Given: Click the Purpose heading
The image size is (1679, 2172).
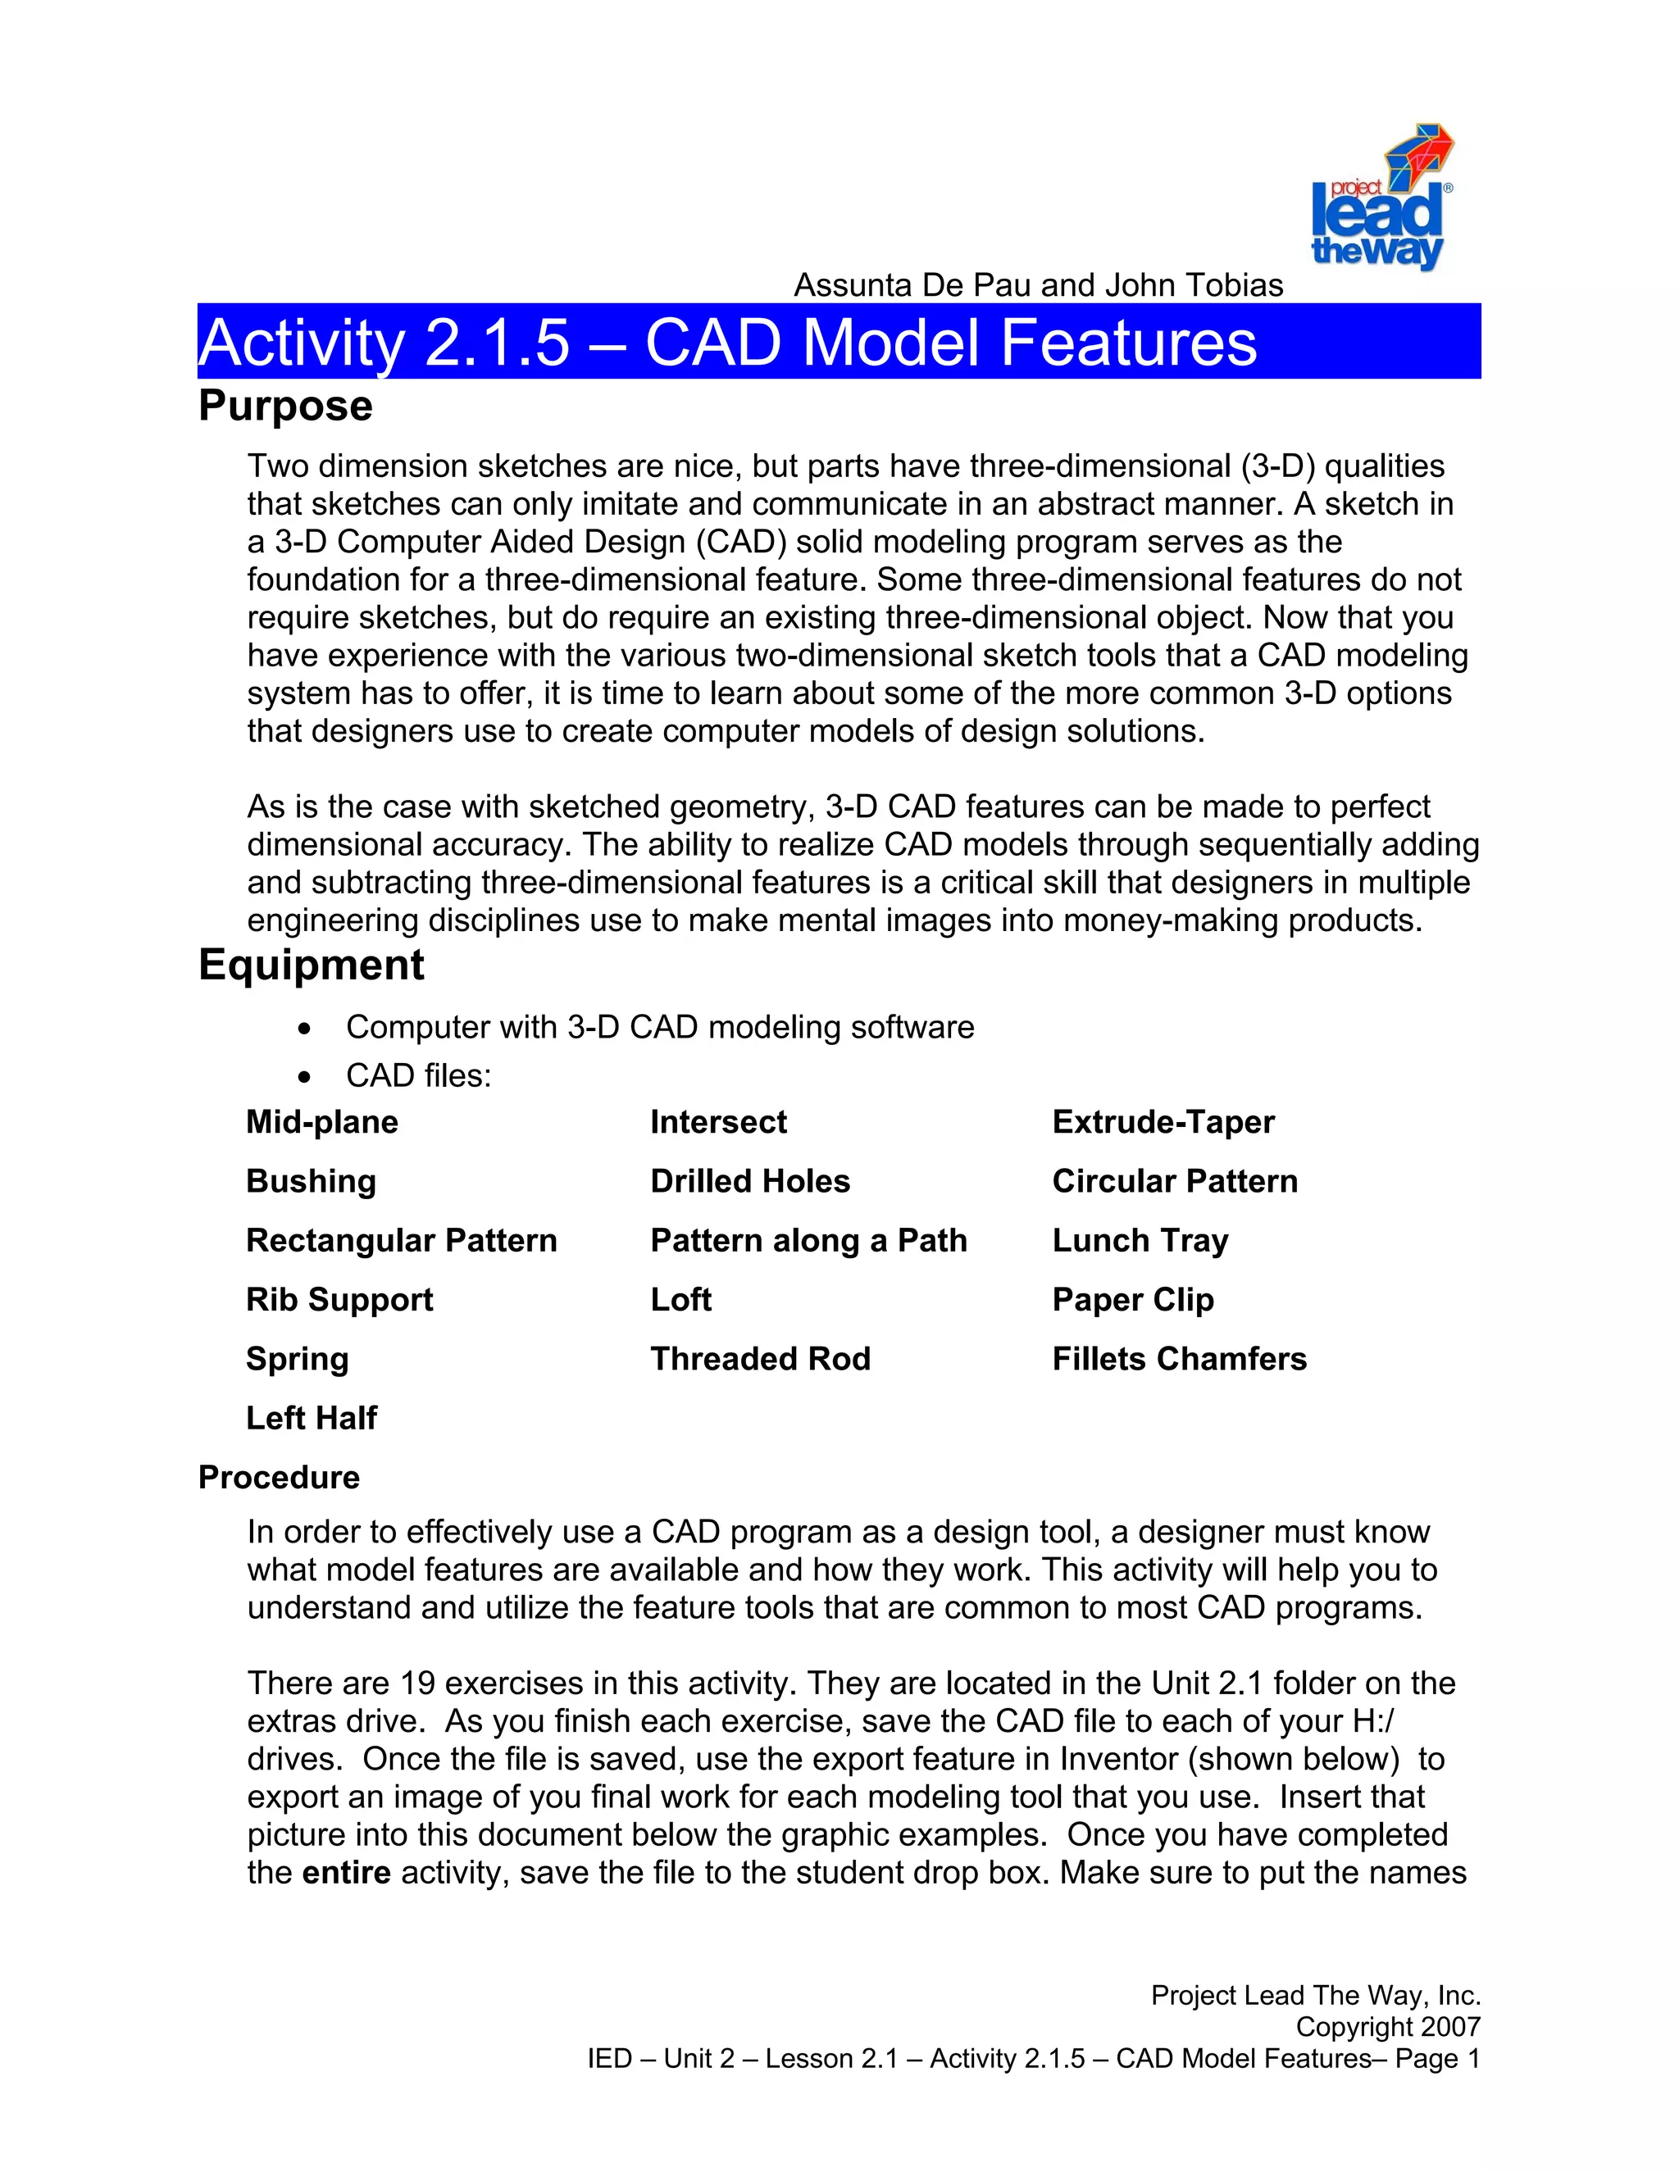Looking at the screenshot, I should click(x=285, y=406).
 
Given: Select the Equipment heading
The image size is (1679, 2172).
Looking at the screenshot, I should click(x=311, y=965).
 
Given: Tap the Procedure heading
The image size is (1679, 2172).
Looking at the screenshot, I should click(x=279, y=1477).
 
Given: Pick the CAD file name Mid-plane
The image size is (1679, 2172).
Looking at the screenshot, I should click(x=321, y=1122).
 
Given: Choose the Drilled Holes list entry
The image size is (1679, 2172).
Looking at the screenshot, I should click(x=750, y=1180).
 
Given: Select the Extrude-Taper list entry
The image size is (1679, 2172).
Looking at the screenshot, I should click(x=1163, y=1122).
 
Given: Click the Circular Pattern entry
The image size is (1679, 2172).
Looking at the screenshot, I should click(x=1175, y=1180).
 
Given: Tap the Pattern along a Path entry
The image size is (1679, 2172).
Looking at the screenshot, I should click(x=808, y=1240).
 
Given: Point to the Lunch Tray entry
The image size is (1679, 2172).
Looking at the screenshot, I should click(x=1140, y=1240).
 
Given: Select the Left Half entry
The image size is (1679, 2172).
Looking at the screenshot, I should click(x=312, y=1417).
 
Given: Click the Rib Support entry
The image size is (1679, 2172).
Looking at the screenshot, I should click(x=339, y=1299).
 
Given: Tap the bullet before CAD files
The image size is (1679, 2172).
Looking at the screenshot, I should click(x=304, y=1077).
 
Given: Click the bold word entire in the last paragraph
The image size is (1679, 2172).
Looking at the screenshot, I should click(x=346, y=1873).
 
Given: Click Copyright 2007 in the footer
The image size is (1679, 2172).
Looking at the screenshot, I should click(x=1388, y=2027).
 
